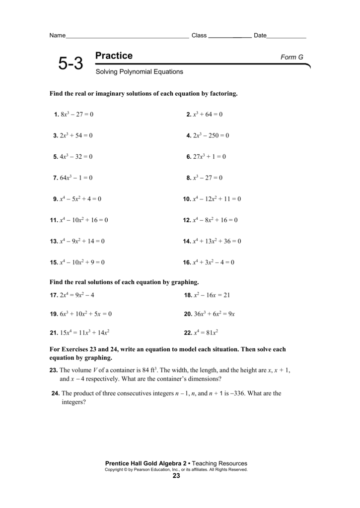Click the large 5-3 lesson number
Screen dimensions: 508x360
(71, 64)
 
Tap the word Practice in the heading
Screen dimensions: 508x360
(114, 56)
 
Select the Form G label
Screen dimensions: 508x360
(292, 58)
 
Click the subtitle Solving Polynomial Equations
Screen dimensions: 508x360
(139, 72)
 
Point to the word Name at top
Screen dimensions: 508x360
(58, 36)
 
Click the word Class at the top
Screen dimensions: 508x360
(199, 36)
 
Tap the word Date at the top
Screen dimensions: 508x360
(260, 36)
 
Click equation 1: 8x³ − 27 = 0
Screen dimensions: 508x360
(76, 115)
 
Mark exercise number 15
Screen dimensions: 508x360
(54, 262)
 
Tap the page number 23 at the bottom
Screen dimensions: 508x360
(176, 476)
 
